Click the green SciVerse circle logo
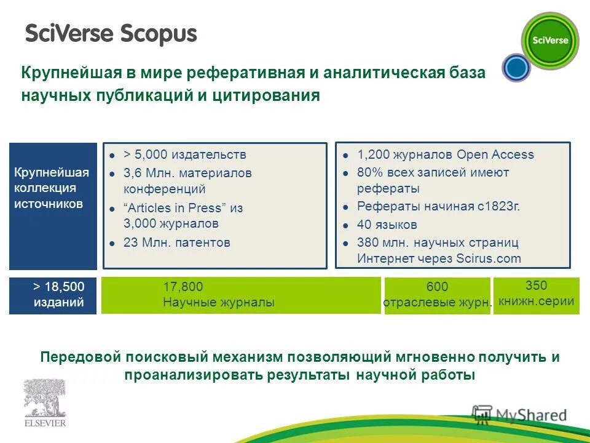pos(549,41)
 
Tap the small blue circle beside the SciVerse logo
pos(516,68)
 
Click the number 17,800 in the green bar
pos(183,287)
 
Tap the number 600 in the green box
pos(437,287)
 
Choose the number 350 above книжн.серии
pos(536,285)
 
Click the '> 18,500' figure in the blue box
pos(58,287)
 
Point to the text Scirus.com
pos(489,258)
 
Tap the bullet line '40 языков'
pos(387,225)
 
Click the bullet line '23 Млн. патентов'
pos(176,242)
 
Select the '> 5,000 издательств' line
pos(184,154)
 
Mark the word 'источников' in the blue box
pos(49,204)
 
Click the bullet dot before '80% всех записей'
pos(346,173)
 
